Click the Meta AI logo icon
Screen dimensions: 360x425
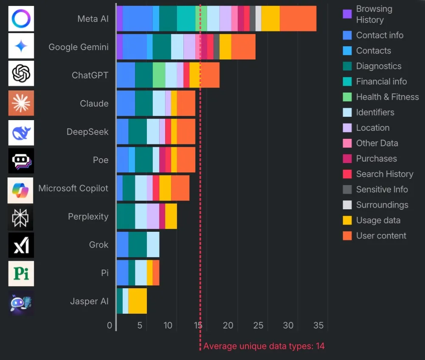[x=21, y=19]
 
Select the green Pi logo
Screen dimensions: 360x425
[x=21, y=273]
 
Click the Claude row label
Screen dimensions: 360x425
[x=94, y=104]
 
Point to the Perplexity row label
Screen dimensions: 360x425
[x=88, y=217]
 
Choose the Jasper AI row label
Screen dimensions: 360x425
[x=89, y=301]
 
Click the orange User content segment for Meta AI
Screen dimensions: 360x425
[x=298, y=19]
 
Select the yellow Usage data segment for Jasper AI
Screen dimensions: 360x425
[x=138, y=301]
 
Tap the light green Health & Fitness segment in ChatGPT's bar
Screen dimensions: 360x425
[x=159, y=75]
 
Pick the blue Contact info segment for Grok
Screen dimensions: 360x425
[x=122, y=245]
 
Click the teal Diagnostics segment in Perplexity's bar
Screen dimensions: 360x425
[x=126, y=217]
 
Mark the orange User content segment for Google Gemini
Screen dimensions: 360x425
[x=243, y=47]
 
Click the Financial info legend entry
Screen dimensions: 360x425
[x=381, y=82]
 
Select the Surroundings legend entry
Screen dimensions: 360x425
[x=382, y=205]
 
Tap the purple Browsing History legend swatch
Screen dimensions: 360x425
[x=347, y=14]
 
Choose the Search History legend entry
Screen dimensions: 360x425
[x=384, y=174]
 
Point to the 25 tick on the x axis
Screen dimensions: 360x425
[x=258, y=326]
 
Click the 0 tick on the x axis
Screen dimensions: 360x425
[x=110, y=326]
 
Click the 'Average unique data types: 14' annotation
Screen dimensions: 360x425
[x=264, y=346]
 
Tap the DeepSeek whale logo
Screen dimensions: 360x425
[x=21, y=132]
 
